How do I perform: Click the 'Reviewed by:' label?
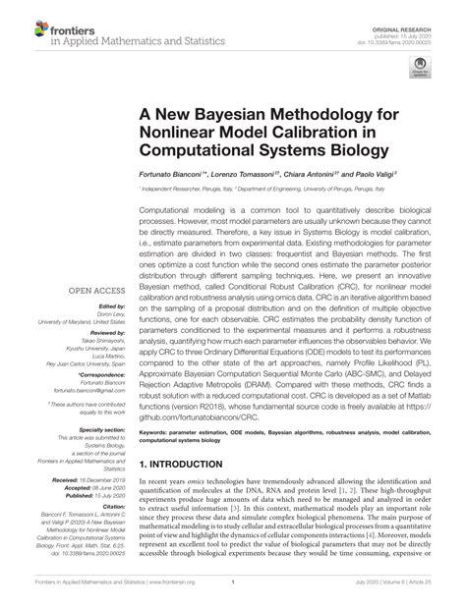click(x=91, y=338)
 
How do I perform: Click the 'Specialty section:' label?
click(x=88, y=430)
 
